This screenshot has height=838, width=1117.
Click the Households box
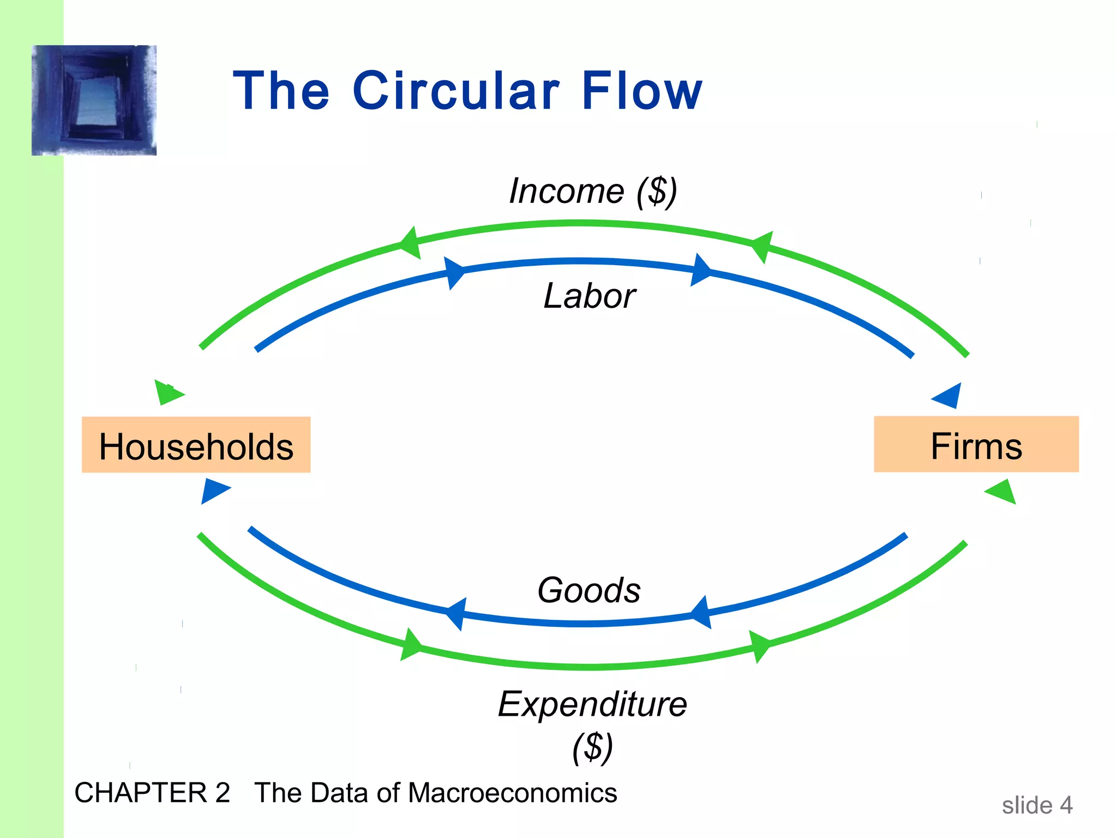click(196, 445)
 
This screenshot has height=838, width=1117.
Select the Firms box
click(976, 444)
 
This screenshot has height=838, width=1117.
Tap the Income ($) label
click(593, 191)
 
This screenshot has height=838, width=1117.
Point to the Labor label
click(589, 296)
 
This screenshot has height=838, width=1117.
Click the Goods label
click(589, 590)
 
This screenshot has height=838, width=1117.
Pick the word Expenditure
click(592, 704)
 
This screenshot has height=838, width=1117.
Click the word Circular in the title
click(456, 91)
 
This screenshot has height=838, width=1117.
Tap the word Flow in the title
click(642, 91)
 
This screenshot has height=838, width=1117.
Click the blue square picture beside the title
click(94, 100)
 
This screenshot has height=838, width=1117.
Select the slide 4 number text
click(1037, 805)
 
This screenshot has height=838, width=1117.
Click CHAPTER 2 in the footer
click(152, 793)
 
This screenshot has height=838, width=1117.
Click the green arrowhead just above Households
click(169, 392)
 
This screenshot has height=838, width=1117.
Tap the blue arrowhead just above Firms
click(948, 396)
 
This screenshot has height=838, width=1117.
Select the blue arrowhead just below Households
click(214, 490)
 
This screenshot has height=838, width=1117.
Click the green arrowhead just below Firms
click(1002, 492)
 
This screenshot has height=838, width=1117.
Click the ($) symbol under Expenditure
click(592, 747)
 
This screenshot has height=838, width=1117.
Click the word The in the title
click(281, 91)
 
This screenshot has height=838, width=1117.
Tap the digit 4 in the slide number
click(1066, 805)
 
